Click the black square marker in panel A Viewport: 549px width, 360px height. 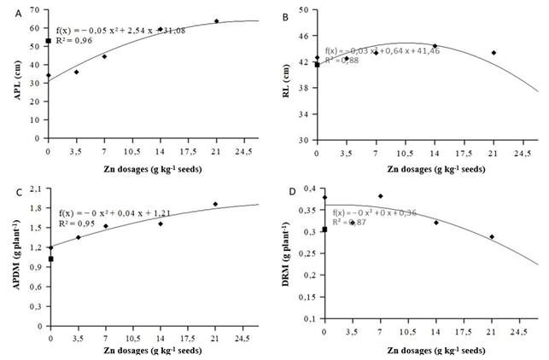click(48, 41)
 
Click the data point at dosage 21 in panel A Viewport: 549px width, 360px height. click(216, 20)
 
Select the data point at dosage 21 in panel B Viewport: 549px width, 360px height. click(494, 53)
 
